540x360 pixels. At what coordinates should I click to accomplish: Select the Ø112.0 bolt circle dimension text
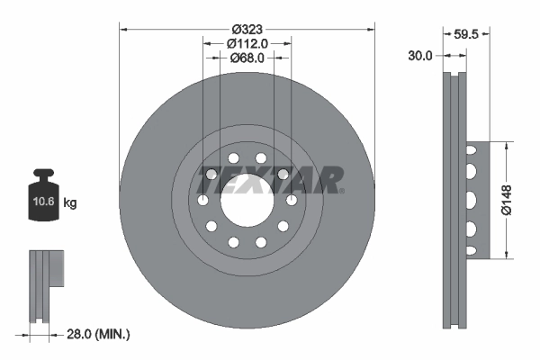tap(247, 42)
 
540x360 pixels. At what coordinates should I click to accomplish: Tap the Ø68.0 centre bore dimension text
tap(247, 58)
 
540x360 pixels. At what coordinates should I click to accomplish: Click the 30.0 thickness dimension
tap(420, 55)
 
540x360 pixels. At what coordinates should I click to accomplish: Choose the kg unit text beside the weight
tap(70, 203)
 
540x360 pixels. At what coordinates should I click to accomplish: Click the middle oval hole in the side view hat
tap(471, 199)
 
